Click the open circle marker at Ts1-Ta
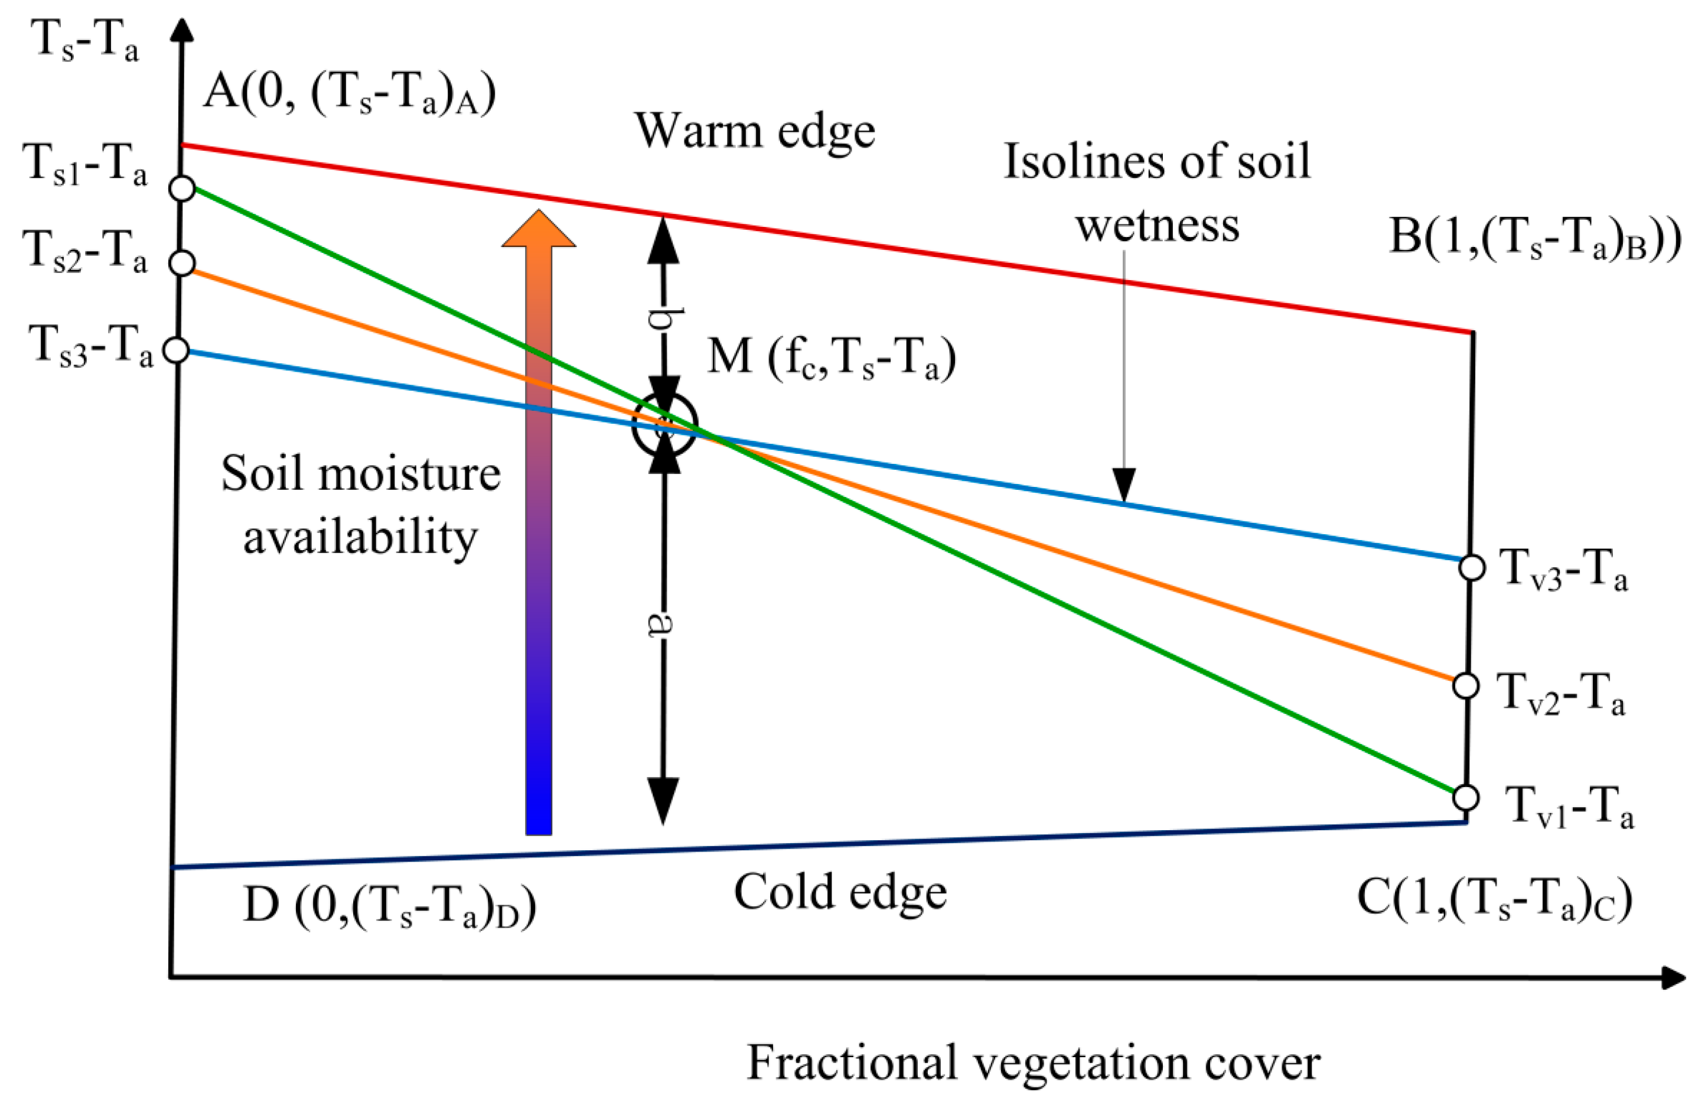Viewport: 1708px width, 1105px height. [182, 188]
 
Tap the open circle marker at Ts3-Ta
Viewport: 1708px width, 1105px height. [177, 350]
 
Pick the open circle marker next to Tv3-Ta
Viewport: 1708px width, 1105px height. [1472, 567]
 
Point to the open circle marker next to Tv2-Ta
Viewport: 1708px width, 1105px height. [1466, 686]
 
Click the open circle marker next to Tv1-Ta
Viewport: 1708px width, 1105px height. [1466, 797]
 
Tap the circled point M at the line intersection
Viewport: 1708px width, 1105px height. [664, 425]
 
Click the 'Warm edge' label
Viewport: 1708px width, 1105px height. [755, 131]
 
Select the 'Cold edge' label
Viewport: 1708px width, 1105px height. [840, 892]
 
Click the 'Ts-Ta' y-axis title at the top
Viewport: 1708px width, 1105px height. [85, 41]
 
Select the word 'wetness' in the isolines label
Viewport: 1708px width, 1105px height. [1158, 226]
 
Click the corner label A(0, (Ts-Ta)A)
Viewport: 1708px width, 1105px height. [349, 94]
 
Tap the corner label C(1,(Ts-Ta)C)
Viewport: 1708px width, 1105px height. [1494, 898]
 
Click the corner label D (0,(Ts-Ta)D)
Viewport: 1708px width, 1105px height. [390, 907]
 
